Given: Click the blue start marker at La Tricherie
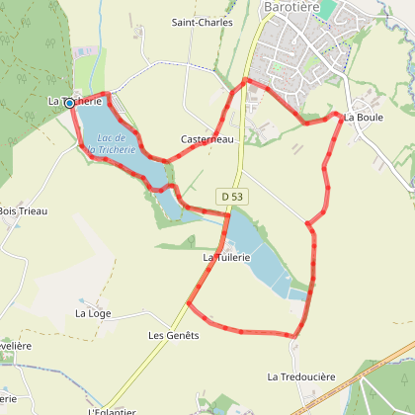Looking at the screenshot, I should point(69,102).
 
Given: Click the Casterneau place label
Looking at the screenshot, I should point(207,140).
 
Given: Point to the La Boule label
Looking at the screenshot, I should point(363,118).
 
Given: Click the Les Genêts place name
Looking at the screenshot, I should point(174,335).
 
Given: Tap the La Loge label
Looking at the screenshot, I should point(93,313).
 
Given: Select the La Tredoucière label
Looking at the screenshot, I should point(301,376).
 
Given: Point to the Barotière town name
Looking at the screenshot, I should point(296,7).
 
